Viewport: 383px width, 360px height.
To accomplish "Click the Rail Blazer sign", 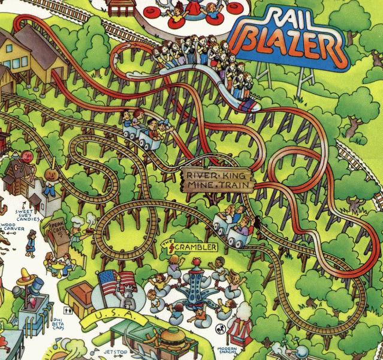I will [x=291, y=35].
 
